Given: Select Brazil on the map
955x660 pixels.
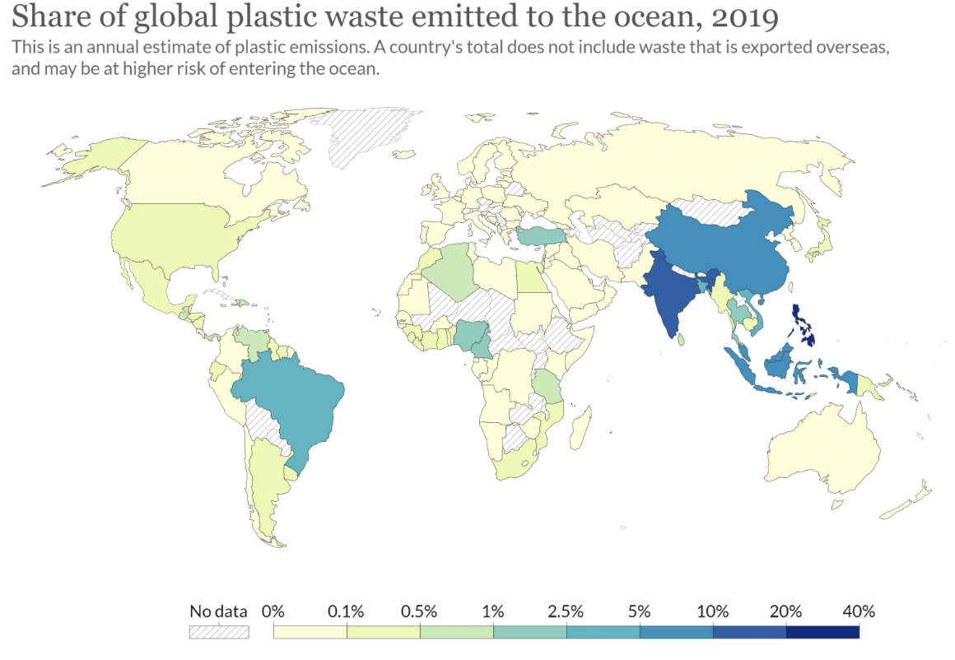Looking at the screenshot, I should [292, 403].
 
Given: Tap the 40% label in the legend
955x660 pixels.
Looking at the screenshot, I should [859, 611].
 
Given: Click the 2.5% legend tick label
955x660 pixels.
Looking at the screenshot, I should [566, 611].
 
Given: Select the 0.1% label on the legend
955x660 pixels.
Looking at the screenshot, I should [347, 611].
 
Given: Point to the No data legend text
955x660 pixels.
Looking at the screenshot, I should [218, 611].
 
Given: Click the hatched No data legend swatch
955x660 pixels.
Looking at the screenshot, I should [218, 632].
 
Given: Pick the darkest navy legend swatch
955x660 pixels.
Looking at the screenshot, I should [822, 632].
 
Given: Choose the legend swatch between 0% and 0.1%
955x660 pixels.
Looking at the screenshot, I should [310, 632].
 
